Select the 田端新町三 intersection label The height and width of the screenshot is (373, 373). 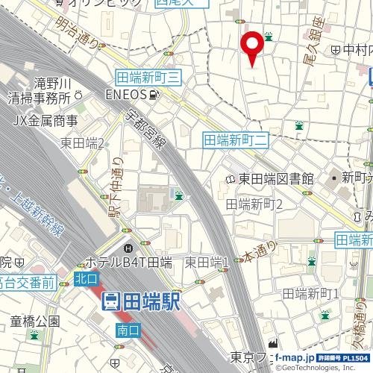pyautogui.click(x=149, y=77)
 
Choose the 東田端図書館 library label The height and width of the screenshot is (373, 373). pyautogui.click(x=275, y=178)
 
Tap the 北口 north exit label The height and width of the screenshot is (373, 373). pyautogui.click(x=86, y=278)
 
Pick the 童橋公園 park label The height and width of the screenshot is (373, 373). pyautogui.click(x=35, y=322)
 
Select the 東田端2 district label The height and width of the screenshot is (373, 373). pyautogui.click(x=82, y=143)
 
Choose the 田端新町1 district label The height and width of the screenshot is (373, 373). pyautogui.click(x=311, y=293)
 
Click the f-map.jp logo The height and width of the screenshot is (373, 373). pyautogui.click(x=298, y=357)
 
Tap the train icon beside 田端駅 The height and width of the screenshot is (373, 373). pyautogui.click(x=110, y=301)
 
